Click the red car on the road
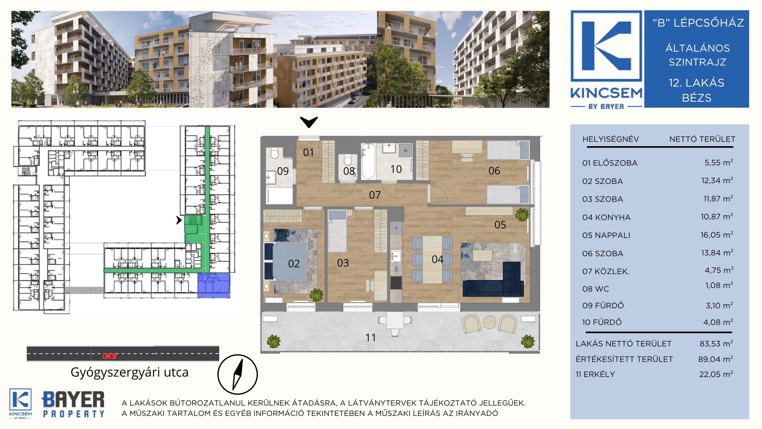coord(110,356)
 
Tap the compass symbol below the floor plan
coord(237,375)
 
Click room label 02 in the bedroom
coord(294,264)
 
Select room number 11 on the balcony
coord(370,338)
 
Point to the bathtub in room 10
coord(368,161)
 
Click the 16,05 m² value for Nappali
coord(716,235)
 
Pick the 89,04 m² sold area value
coord(716,359)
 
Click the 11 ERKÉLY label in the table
coord(595,374)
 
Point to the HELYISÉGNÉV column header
coord(610,139)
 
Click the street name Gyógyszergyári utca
coord(129,372)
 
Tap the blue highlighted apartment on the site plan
coord(214,285)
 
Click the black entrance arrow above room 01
coord(309,122)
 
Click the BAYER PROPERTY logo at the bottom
coord(73,404)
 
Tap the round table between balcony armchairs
coord(489,322)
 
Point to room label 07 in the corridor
coord(375,195)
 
